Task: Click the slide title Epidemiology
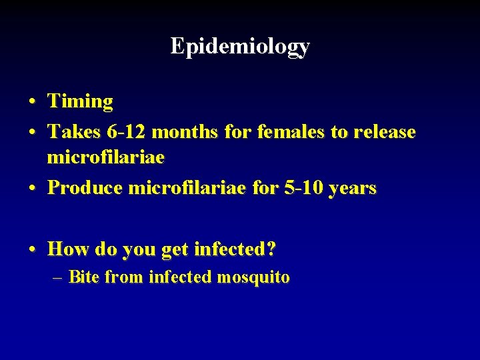(x=240, y=46)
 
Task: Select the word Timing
(x=80, y=102)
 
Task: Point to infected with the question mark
(x=235, y=250)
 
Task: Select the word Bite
(x=83, y=277)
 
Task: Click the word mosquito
(x=254, y=277)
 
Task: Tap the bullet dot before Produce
(x=32, y=189)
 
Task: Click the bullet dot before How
(x=32, y=251)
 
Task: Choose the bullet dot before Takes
(x=32, y=133)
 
